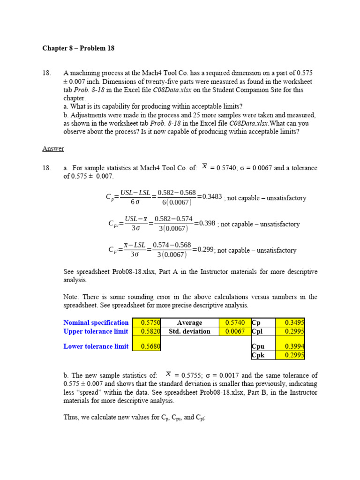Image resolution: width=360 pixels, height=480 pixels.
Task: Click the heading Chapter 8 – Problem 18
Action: (x=78, y=48)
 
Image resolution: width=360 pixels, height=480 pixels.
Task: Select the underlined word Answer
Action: (x=53, y=149)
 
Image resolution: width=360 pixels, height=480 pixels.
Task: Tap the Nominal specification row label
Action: (x=96, y=322)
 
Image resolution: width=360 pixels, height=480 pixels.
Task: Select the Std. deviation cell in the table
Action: (x=189, y=331)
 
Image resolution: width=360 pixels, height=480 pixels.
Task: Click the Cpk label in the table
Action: (x=258, y=355)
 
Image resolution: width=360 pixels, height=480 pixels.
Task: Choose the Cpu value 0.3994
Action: (x=290, y=346)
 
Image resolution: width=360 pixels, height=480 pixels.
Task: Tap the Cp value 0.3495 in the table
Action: (x=290, y=322)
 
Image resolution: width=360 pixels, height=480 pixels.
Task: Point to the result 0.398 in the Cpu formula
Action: (x=207, y=223)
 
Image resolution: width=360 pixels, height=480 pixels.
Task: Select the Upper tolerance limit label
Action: (x=96, y=331)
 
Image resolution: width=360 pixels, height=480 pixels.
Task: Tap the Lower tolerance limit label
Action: (x=96, y=346)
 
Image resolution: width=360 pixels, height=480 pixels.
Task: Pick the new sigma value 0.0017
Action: (x=236, y=375)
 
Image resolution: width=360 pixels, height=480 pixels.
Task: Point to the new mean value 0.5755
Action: (x=193, y=375)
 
